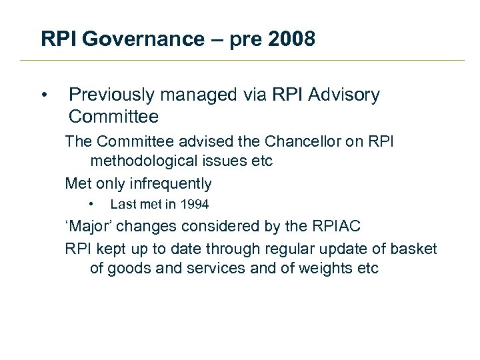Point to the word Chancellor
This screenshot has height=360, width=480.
(302, 141)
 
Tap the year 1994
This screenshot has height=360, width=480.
(193, 205)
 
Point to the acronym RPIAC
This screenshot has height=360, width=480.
(334, 226)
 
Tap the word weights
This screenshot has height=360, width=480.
(321, 269)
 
